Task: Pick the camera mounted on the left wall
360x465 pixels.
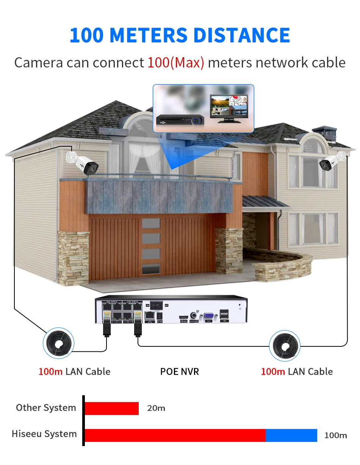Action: [x=83, y=162]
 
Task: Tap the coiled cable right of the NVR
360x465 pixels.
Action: [x=285, y=345]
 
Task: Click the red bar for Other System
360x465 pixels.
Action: [x=111, y=408]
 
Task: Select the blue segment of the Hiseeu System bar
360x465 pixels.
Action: [x=291, y=435]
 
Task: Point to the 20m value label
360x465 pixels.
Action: [x=156, y=408]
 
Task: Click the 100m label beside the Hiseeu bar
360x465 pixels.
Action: [x=335, y=435]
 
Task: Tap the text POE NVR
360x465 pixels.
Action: [x=179, y=371]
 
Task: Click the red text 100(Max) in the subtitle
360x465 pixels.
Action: [x=175, y=63]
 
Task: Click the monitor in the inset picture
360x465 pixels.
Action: [x=229, y=107]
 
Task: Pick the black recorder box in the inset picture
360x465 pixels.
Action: [x=181, y=120]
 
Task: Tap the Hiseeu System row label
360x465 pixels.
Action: [x=44, y=434]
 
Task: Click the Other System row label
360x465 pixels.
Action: [x=46, y=408]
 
